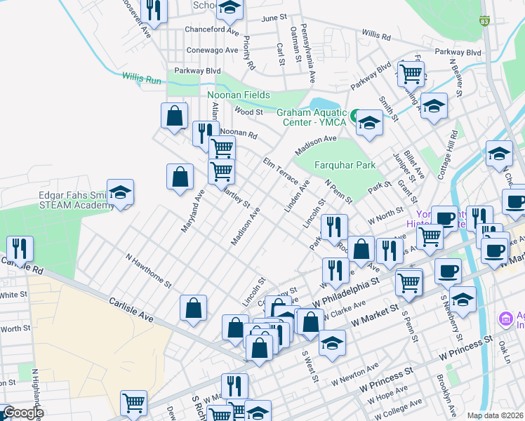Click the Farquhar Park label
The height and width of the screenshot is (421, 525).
[x=345, y=166]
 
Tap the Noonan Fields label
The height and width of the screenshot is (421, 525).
[x=239, y=95]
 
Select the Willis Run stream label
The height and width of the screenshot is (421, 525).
[x=141, y=77]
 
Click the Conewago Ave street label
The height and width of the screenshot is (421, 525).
[x=212, y=51]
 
